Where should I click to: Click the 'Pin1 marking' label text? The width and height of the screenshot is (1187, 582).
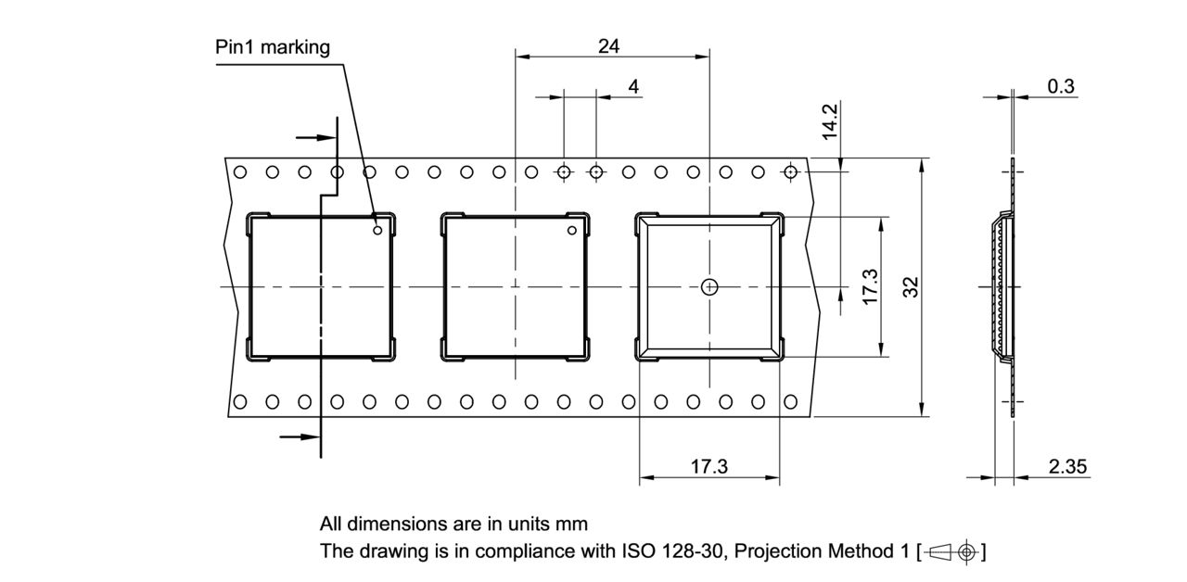(x=272, y=46)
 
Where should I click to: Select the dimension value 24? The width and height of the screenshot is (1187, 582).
(x=608, y=45)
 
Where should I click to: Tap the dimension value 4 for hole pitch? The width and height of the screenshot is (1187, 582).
(x=633, y=86)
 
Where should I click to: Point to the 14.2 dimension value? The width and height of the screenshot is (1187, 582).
(x=830, y=120)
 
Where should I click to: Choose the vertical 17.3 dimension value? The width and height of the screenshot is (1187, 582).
(x=869, y=287)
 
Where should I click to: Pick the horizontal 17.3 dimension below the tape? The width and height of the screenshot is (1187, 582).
(x=708, y=466)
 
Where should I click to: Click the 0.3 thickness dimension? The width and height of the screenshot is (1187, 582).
(x=1061, y=86)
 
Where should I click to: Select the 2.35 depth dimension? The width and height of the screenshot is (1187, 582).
(x=1067, y=466)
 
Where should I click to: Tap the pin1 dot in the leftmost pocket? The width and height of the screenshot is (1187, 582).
(x=377, y=230)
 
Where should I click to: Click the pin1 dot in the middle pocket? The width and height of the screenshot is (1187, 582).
(x=571, y=230)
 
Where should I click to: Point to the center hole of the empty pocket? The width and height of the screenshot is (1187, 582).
(x=709, y=286)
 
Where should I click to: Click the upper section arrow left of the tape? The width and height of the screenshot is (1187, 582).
(x=315, y=138)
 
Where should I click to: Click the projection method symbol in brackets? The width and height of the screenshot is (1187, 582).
(x=951, y=551)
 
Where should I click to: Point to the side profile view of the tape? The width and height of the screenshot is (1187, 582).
(x=1006, y=287)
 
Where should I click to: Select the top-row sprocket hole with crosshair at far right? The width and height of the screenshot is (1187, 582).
(x=790, y=171)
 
